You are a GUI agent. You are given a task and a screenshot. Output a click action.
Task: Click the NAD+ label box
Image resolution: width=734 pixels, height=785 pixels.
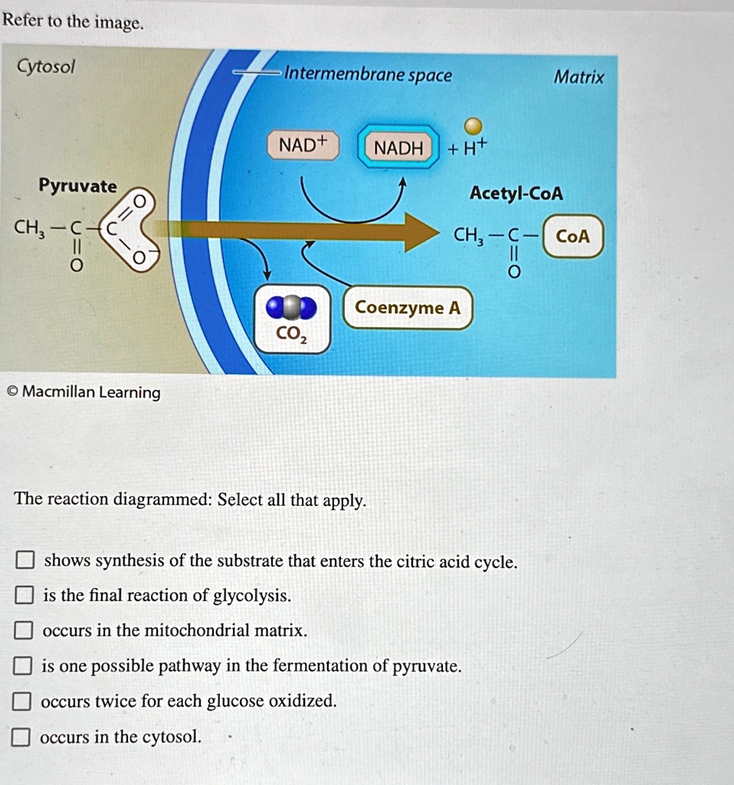[x=303, y=146]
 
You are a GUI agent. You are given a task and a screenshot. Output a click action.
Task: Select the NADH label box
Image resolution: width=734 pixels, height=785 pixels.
[x=398, y=148]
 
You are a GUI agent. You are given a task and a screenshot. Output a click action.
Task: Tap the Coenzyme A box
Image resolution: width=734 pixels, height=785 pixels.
[x=408, y=308]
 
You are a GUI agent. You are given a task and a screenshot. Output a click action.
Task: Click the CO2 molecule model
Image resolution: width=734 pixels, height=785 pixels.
[x=291, y=308]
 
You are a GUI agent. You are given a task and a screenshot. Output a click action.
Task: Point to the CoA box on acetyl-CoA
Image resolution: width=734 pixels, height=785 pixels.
[x=573, y=237]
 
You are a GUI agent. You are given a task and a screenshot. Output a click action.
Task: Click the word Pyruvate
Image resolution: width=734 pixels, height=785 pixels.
[x=78, y=186]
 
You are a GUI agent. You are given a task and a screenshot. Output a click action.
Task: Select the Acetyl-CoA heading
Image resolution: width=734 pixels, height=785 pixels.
[x=516, y=194]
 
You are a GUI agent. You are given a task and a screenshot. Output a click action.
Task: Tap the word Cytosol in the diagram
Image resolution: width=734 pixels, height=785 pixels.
[x=46, y=67]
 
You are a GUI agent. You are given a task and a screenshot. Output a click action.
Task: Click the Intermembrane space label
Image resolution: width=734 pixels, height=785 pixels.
[x=368, y=75]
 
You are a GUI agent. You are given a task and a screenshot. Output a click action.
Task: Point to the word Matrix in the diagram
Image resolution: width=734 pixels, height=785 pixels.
[x=578, y=77]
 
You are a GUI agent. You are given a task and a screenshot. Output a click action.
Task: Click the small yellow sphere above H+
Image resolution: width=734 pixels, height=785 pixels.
[x=474, y=125]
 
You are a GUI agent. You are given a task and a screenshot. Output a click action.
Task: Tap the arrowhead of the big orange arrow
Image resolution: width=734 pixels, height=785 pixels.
[x=421, y=232]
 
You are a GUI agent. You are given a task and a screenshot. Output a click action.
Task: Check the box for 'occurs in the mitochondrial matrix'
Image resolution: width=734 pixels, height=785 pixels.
[x=25, y=632]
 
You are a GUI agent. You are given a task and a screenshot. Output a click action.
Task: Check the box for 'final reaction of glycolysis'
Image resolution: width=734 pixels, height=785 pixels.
[x=25, y=596]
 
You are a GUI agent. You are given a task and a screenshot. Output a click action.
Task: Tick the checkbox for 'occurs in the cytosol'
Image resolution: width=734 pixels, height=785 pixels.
[x=21, y=738]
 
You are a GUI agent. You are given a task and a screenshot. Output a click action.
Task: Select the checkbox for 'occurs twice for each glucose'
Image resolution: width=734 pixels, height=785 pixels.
[x=23, y=702]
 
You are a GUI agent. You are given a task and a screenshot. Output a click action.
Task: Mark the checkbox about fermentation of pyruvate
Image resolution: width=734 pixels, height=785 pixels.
[x=23, y=667]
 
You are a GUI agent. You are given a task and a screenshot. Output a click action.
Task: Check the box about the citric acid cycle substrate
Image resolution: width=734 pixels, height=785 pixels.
[x=25, y=561]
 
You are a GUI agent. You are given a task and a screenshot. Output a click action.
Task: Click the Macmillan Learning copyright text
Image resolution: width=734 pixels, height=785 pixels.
[x=84, y=392]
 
